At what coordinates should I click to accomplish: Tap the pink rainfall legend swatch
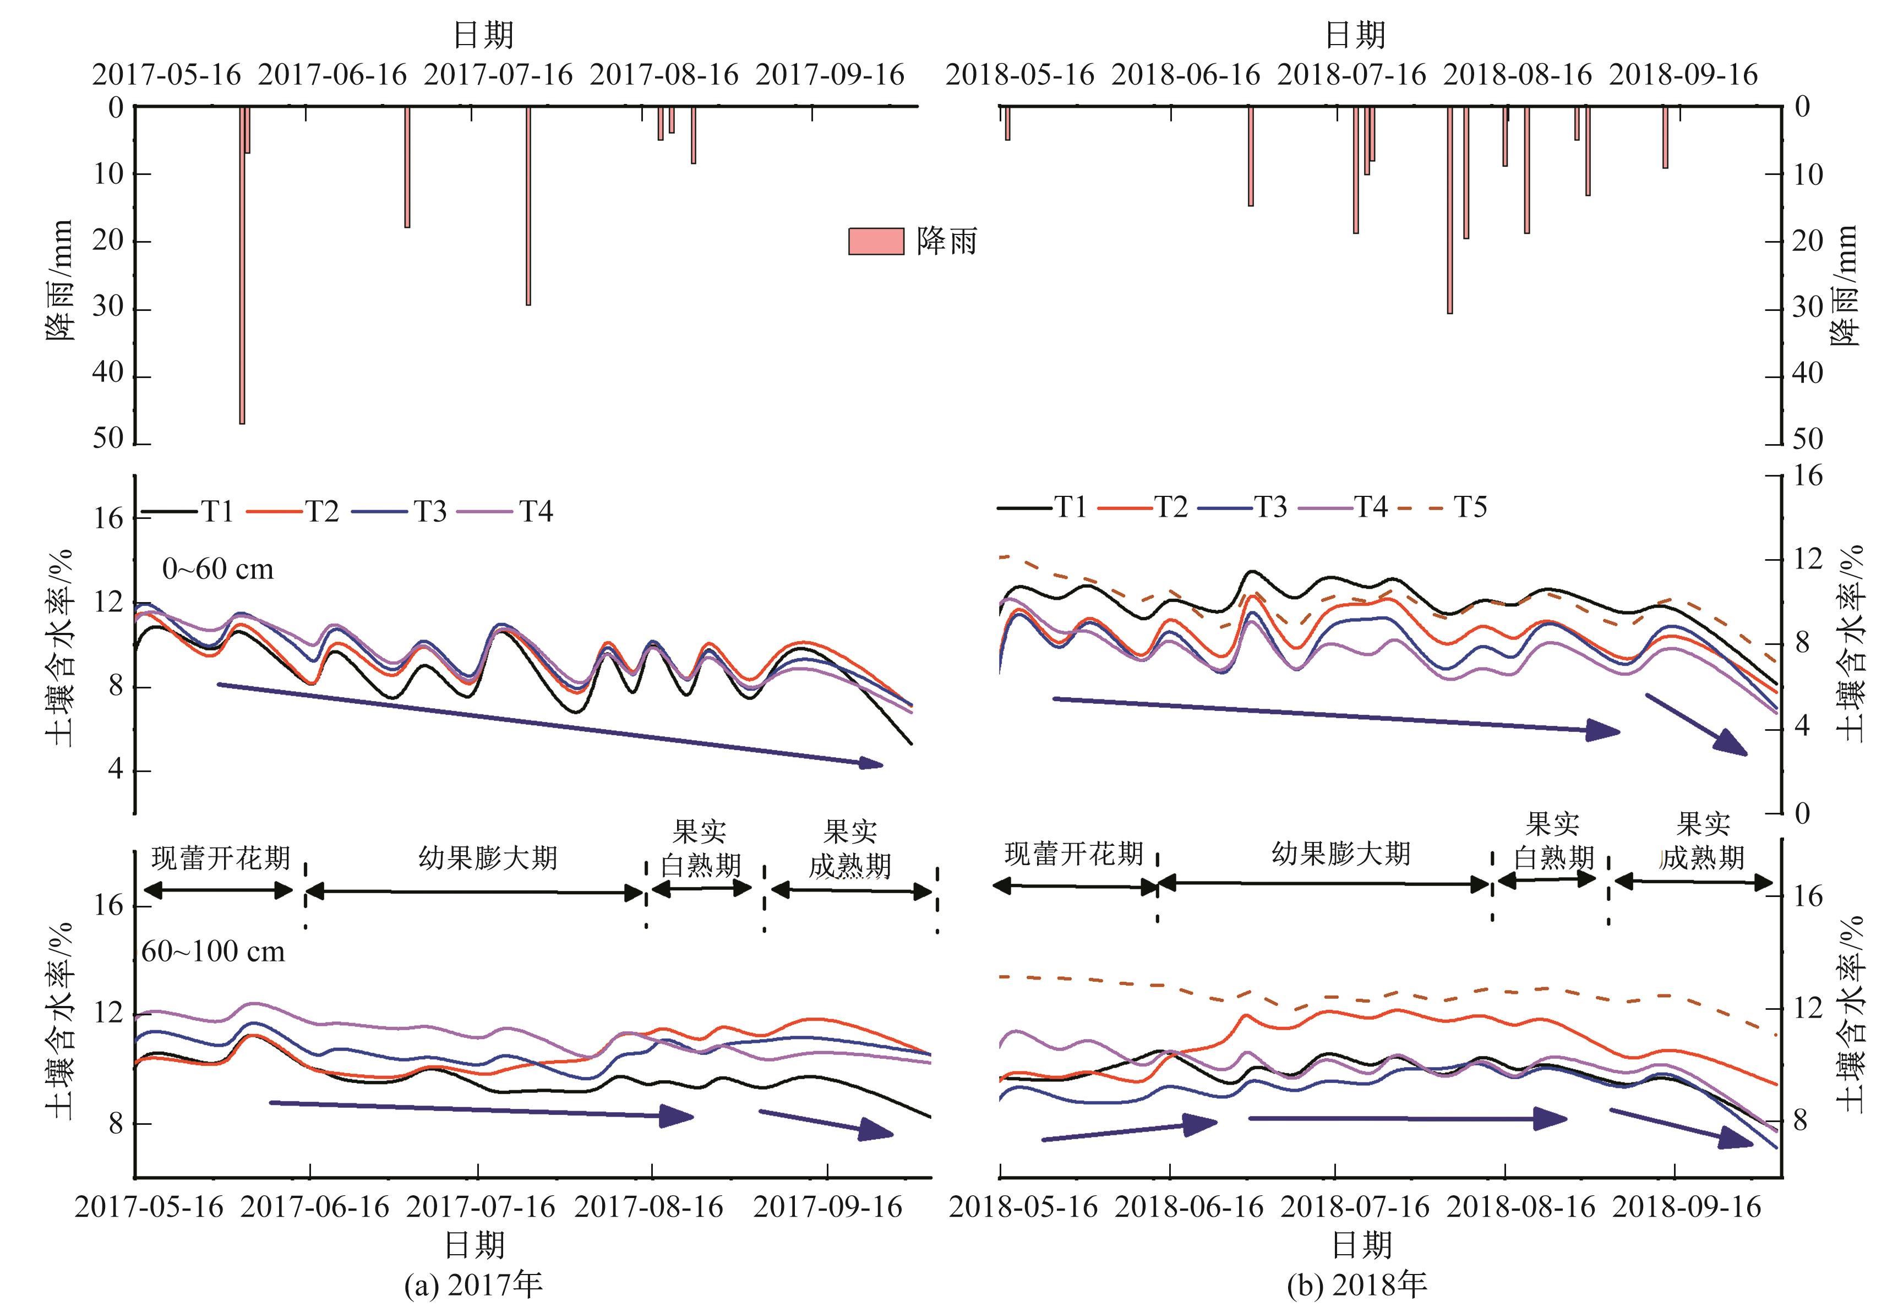(x=875, y=242)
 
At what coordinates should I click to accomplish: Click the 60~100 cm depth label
(x=213, y=951)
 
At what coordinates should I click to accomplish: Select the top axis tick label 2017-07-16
(x=498, y=75)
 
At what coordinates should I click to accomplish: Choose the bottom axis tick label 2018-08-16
(x=1521, y=1207)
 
